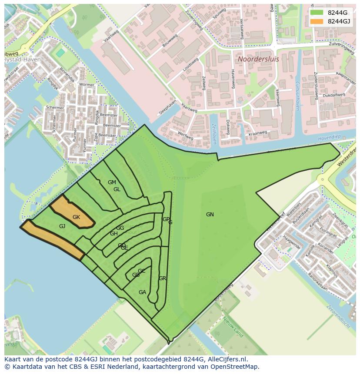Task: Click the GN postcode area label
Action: (x=210, y=215)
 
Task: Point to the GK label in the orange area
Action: (x=77, y=217)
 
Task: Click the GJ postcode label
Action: (x=62, y=226)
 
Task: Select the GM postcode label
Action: (x=112, y=182)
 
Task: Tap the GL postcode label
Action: (x=117, y=189)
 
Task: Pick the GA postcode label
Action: (x=142, y=292)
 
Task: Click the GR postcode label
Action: (x=163, y=278)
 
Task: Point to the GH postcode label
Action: (x=113, y=234)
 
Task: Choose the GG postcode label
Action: (x=120, y=228)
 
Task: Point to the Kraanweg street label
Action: (x=257, y=133)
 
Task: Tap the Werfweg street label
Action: (x=186, y=136)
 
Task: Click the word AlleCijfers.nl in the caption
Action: (x=226, y=359)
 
